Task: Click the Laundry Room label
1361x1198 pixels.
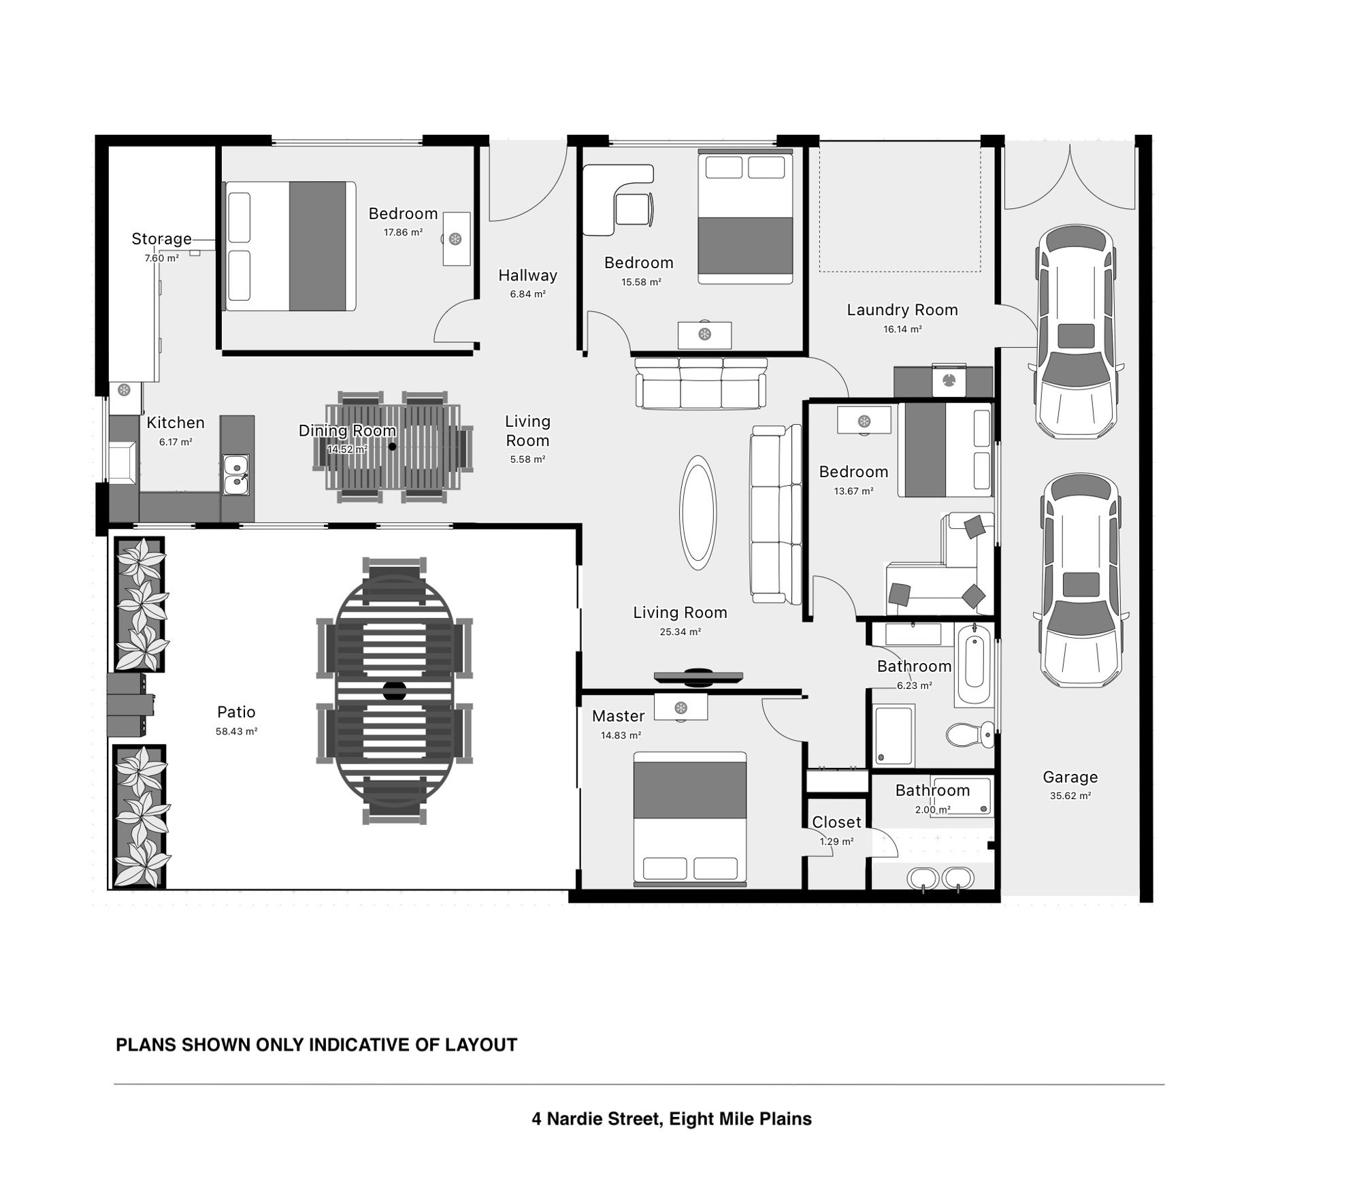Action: coord(902,310)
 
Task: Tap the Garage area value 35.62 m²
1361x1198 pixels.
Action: coord(1070,796)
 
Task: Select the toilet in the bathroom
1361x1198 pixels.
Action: coord(970,734)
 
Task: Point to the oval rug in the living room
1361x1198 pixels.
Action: coord(698,513)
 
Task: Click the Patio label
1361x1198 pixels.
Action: coord(236,712)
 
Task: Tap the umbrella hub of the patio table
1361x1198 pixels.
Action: coord(394,691)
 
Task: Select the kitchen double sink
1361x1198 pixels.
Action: coord(236,474)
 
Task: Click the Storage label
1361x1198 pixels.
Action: coord(161,239)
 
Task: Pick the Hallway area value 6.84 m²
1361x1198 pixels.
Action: coord(528,295)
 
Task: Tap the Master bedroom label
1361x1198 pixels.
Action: coord(618,716)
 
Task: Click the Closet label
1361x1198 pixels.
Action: coord(836,822)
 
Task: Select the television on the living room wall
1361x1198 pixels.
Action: coord(698,677)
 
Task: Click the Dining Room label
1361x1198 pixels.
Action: coord(347,431)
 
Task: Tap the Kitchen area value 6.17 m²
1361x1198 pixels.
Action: coord(176,442)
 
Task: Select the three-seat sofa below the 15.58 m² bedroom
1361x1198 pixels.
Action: coord(700,384)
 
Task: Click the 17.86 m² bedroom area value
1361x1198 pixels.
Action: coord(403,232)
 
